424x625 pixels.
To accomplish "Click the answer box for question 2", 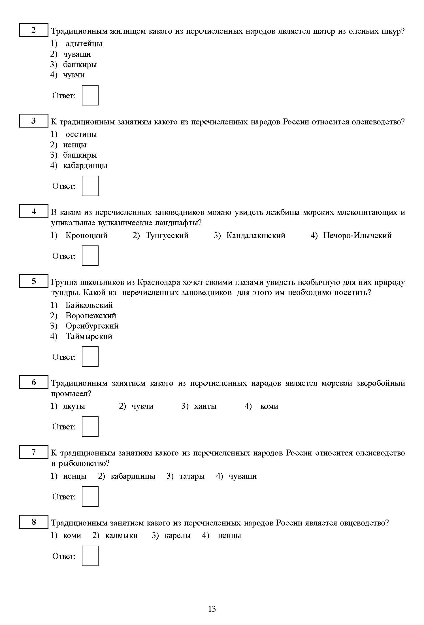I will [90, 95].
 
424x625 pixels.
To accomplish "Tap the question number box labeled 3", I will [33, 121].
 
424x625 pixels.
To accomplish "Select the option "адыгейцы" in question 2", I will [84, 44].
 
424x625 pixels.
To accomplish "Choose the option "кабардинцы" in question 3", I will [85, 166].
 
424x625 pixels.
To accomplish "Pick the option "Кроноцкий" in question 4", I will [86, 236].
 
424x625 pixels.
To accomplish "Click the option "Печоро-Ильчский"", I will [357, 236].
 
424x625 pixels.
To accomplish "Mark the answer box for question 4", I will [90, 256].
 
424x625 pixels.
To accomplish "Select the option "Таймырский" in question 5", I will [89, 336].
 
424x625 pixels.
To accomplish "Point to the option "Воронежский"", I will [91, 316].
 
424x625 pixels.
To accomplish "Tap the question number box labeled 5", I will [33, 281].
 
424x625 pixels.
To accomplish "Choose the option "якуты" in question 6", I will [74, 406].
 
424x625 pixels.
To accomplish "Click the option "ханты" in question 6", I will [205, 406].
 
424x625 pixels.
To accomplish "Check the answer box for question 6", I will [90, 427].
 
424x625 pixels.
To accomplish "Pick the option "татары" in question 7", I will [192, 476].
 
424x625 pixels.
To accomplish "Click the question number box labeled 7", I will [33, 452].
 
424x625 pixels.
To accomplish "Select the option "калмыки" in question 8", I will [121, 536].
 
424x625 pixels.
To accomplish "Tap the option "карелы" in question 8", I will [178, 536].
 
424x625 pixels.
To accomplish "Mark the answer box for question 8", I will [90, 556].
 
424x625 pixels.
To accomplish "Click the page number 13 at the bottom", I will [212, 609].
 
